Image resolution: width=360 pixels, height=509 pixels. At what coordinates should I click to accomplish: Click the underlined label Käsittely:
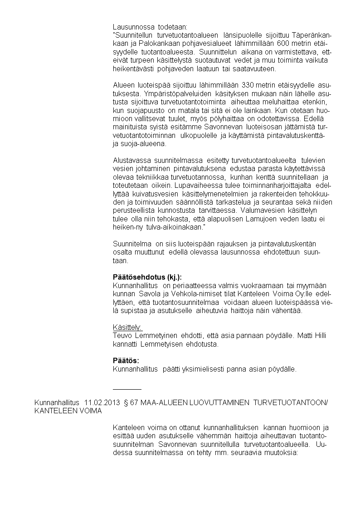tap(127, 327)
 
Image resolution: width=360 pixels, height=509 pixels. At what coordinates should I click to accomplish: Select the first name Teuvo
tap(122, 335)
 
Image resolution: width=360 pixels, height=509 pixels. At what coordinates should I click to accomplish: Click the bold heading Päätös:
tap(126, 360)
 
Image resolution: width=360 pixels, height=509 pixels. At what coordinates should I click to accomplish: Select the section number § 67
tap(130, 402)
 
